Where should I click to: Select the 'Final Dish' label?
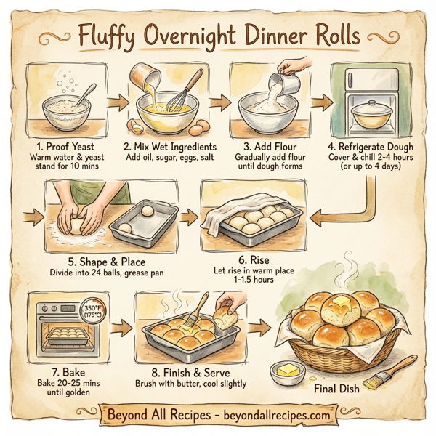pyautogui.click(x=339, y=389)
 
